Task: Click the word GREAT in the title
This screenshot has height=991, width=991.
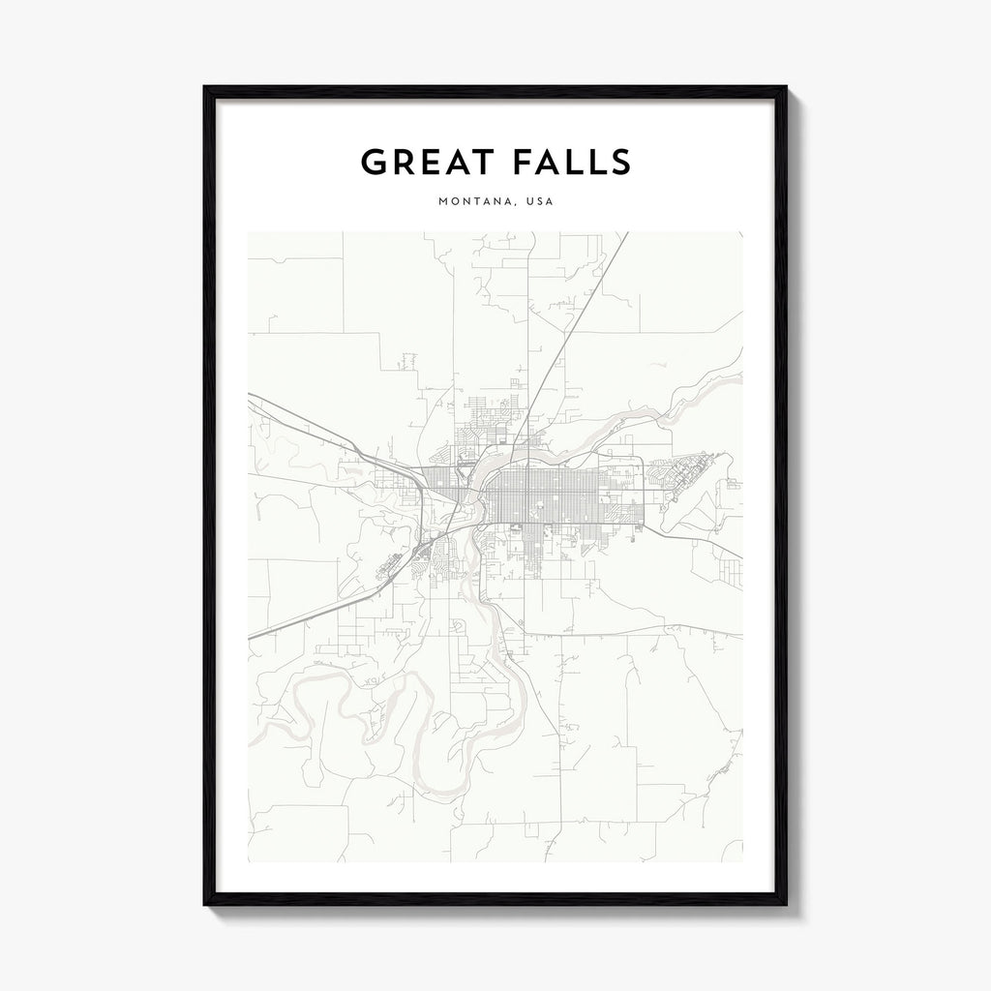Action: [425, 163]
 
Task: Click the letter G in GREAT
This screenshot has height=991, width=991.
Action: [374, 163]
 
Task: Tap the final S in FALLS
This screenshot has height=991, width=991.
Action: [620, 163]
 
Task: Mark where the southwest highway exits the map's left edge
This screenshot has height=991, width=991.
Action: [251, 638]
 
